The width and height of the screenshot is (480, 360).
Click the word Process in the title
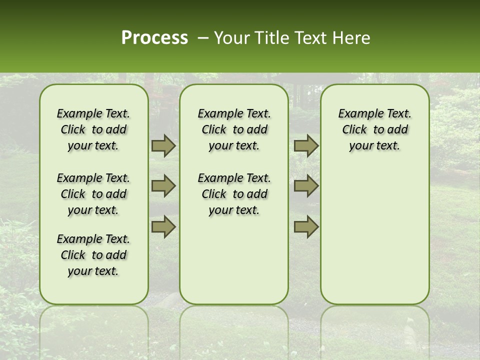tap(154, 38)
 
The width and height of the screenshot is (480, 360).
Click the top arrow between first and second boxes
tap(163, 146)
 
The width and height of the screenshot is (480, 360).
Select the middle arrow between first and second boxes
tap(163, 186)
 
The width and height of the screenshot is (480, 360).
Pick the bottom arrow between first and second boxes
tap(163, 226)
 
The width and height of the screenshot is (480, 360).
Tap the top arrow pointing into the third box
tap(306, 146)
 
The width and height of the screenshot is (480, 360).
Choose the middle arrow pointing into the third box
tap(306, 186)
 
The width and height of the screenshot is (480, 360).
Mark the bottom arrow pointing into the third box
tap(306, 226)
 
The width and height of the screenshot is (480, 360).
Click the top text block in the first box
tap(93, 129)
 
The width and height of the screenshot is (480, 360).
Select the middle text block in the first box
tap(93, 194)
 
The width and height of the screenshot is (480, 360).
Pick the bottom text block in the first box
tap(93, 255)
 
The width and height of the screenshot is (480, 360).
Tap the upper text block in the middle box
tap(234, 129)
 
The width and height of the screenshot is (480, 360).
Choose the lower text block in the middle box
tap(234, 194)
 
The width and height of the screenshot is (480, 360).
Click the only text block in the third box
tap(374, 129)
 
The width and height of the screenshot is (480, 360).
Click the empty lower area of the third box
tap(374, 235)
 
